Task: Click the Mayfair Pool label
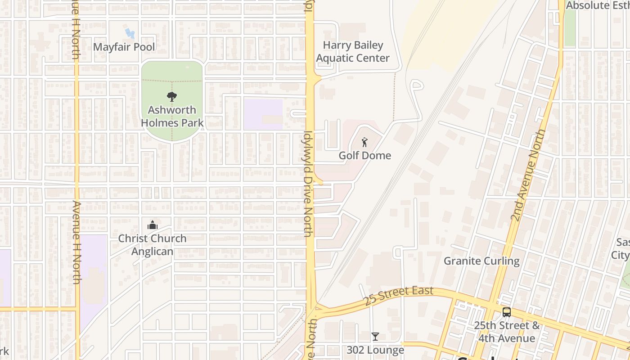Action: (124, 47)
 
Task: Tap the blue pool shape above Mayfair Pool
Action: (129, 33)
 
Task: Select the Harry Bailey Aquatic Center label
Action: (353, 52)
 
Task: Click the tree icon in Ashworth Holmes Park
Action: (171, 96)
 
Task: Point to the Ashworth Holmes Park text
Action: (172, 116)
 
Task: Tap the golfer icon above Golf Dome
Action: (364, 143)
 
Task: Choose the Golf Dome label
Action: (364, 156)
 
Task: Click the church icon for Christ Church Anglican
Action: (153, 225)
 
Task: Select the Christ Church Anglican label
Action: (152, 245)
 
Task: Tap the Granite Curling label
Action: (481, 261)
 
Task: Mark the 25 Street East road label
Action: (399, 296)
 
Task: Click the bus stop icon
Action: (507, 312)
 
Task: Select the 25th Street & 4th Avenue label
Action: (507, 332)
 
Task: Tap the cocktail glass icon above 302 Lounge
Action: (375, 337)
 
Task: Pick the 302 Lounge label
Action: (375, 350)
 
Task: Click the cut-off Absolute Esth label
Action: (597, 6)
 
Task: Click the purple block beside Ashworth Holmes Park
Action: (263, 114)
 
